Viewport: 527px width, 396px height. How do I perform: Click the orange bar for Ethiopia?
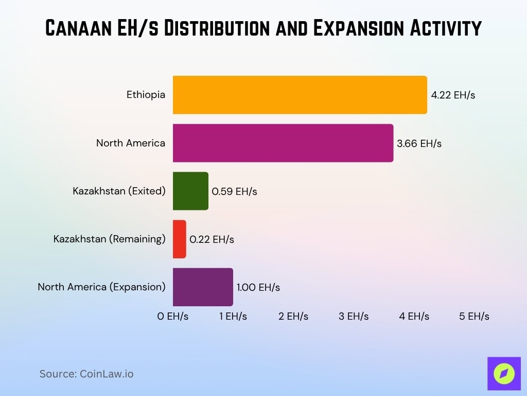[x=300, y=95]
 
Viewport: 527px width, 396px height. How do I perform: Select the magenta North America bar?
[x=283, y=143]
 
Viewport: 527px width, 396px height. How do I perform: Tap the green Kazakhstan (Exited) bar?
[x=190, y=191]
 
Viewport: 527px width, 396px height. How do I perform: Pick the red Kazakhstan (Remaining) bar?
[x=179, y=239]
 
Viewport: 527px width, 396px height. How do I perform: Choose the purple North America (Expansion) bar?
[x=203, y=287]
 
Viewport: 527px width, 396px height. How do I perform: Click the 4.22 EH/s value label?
[x=453, y=95]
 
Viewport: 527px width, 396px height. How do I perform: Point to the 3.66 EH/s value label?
[x=419, y=143]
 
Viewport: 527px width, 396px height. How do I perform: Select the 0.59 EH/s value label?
[x=234, y=192]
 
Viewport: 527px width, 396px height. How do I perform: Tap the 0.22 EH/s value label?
[x=212, y=240]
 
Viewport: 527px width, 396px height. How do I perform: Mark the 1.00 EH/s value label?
[x=258, y=288]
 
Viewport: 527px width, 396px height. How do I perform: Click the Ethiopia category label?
[x=146, y=95]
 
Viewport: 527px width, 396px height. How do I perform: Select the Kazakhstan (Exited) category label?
[x=119, y=191]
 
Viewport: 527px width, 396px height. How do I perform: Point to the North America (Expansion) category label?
[x=101, y=287]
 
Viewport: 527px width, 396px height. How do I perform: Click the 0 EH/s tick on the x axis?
[x=173, y=317]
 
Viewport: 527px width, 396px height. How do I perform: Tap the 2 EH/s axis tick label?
[x=293, y=317]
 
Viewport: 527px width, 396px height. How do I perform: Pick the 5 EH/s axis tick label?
[x=474, y=317]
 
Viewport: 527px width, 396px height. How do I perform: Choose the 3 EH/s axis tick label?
[x=354, y=317]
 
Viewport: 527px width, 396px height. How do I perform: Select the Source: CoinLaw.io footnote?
[x=86, y=374]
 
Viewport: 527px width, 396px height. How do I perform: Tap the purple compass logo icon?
[x=504, y=373]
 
